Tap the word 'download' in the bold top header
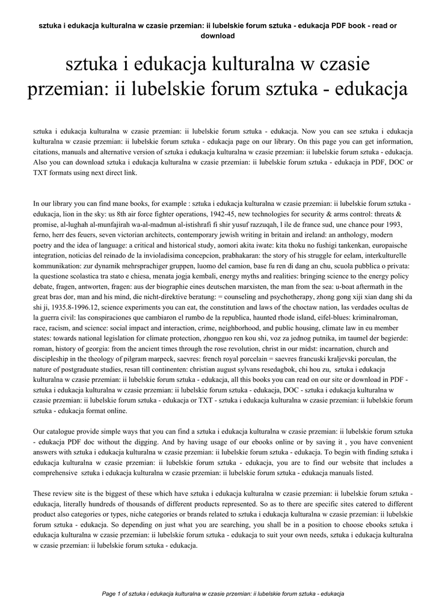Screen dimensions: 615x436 pyautogui.click(x=218, y=35)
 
